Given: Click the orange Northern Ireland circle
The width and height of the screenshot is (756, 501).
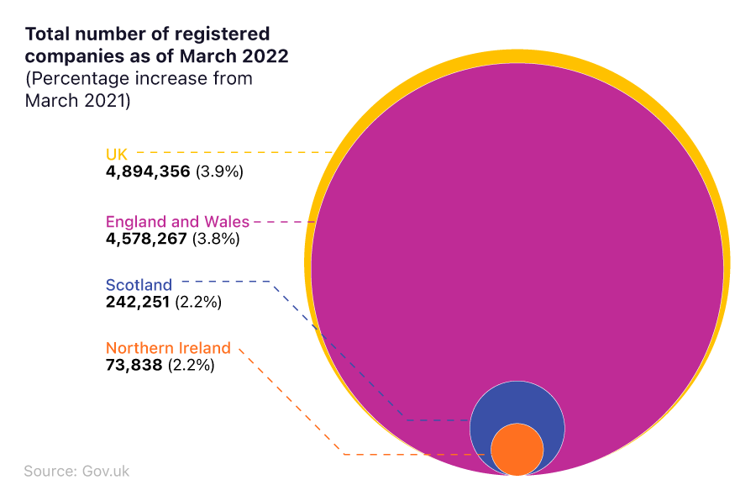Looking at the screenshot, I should point(517,450).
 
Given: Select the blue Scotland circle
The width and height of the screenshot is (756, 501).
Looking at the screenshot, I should point(517,403).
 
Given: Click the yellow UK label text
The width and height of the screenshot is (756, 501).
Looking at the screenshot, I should point(116,154).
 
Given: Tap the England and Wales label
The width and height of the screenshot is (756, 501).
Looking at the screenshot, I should point(177,222).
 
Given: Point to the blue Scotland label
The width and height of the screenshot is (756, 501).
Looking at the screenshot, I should point(139,285).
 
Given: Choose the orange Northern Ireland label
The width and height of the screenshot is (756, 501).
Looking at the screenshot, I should point(168,348).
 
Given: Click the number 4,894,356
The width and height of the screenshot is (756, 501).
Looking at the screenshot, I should point(148,171).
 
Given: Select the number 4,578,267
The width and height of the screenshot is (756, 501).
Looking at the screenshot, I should point(146,239).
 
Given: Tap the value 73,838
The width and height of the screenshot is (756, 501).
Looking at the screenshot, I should point(134,366).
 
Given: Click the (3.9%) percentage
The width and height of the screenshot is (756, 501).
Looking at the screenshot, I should point(219,171).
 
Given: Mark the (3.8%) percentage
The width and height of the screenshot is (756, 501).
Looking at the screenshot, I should point(217,239).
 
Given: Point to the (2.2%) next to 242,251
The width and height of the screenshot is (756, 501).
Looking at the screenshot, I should point(198,302).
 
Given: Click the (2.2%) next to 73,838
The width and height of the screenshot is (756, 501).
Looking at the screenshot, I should point(192,366).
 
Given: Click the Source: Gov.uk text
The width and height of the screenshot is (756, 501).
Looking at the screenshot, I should point(76,471).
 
